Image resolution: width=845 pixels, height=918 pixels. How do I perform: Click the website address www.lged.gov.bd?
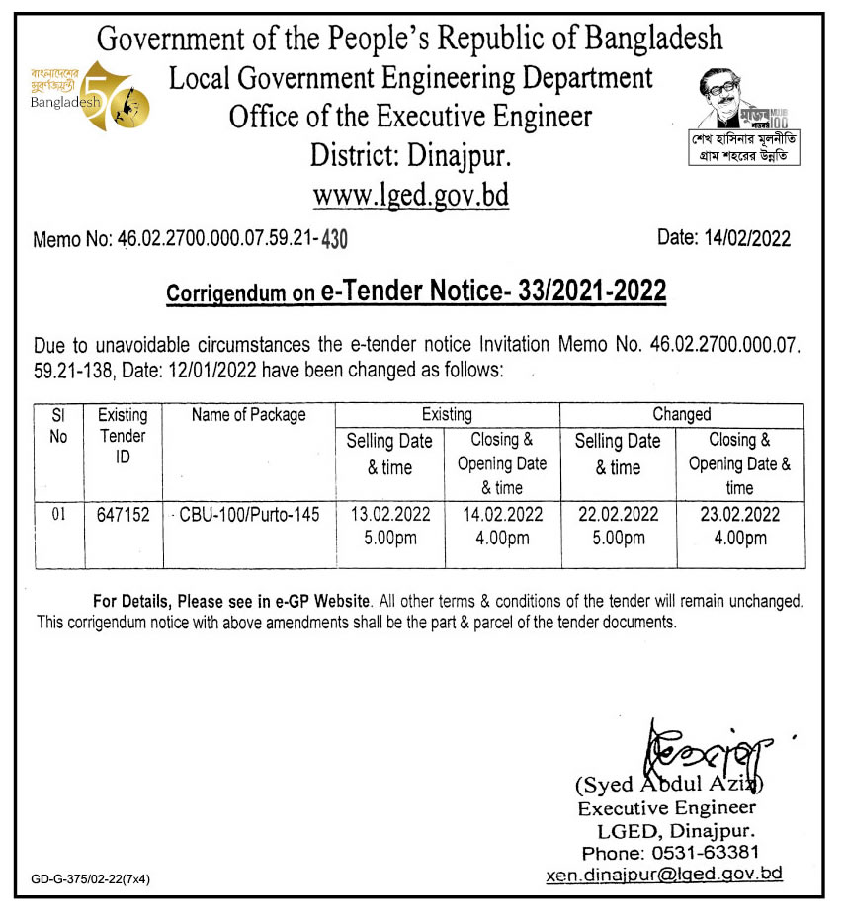[410, 194]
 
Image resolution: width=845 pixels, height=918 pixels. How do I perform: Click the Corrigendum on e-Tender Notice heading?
[416, 292]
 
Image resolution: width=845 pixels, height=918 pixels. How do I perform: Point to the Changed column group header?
[681, 415]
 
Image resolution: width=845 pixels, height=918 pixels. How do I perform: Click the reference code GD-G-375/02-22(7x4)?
[90, 878]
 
